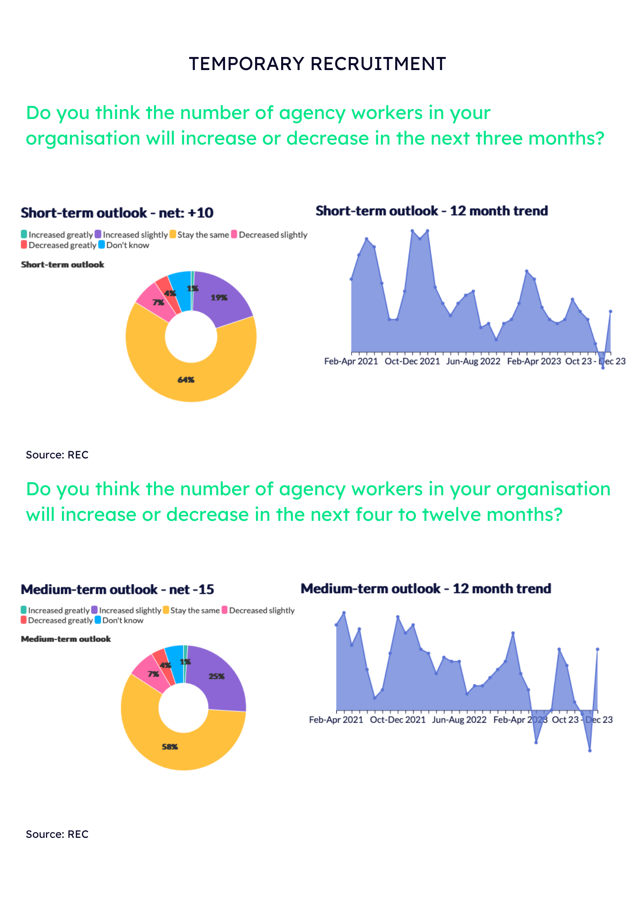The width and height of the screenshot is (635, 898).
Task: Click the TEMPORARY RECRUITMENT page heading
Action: (317, 64)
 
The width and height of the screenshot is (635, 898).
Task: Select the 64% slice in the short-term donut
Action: (186, 380)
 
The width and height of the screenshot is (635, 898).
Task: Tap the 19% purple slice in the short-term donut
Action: (219, 298)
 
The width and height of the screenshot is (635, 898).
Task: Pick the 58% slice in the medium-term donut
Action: (170, 747)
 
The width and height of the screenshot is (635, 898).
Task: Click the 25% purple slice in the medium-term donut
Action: (216, 676)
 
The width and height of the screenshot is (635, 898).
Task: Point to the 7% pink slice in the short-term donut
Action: (158, 303)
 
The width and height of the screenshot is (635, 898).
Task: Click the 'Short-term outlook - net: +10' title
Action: (117, 213)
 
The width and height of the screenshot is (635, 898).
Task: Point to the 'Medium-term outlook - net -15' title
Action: (117, 589)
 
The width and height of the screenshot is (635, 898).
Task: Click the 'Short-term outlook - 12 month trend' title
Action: (432, 211)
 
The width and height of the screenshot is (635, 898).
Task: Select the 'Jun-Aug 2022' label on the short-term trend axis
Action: (473, 361)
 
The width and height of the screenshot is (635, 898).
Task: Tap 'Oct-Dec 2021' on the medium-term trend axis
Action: (397, 720)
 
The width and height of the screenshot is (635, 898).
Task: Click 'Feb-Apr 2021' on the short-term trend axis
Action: (351, 361)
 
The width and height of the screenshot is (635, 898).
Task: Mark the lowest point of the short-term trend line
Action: (603, 368)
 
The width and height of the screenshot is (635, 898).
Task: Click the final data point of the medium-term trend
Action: (597, 649)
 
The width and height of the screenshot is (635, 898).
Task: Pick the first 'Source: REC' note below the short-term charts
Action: (57, 455)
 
